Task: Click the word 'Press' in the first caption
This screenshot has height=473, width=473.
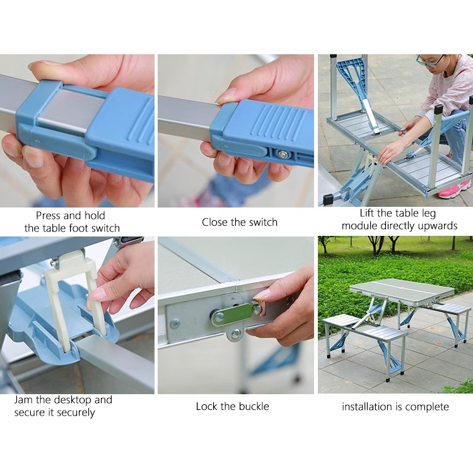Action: (x=49, y=216)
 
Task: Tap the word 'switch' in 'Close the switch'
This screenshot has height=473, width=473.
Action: (x=263, y=223)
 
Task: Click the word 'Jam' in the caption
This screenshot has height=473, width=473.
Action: (x=23, y=400)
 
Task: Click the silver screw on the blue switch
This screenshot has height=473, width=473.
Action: (x=283, y=155)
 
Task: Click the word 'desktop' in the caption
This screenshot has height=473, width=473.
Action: (x=72, y=400)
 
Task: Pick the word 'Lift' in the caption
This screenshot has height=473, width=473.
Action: (x=367, y=213)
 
